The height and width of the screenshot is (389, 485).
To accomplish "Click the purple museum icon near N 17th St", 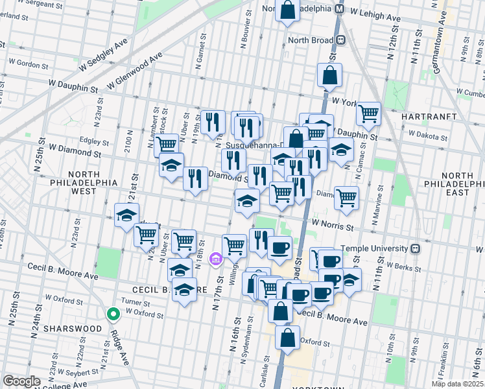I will tap(216, 260).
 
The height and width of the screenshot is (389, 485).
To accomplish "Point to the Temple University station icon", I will tap(416, 248).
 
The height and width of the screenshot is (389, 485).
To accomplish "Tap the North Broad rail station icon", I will tap(340, 40).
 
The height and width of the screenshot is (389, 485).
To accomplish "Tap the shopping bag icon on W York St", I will tap(329, 76).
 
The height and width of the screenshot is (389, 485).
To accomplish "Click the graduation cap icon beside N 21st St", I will tap(127, 215).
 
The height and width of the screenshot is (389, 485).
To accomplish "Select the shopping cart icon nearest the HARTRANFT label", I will tap(368, 114).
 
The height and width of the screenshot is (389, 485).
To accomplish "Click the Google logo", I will tap(21, 381).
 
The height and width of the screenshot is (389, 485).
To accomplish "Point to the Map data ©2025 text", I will tap(458, 384).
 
